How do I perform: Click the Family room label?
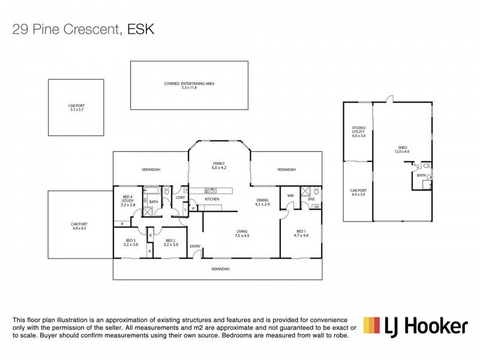[218, 164]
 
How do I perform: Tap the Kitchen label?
[212, 199]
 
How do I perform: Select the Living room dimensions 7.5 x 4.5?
[242, 235]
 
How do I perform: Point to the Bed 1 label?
[301, 232]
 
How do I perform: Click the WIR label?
[290, 196]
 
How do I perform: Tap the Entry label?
[195, 247]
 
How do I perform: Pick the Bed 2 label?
[172, 241]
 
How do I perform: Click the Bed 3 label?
[130, 241]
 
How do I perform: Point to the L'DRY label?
[179, 197]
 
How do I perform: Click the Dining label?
[263, 200]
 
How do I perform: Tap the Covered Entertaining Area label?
[189, 83]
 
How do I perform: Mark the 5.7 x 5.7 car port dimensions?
[76, 110]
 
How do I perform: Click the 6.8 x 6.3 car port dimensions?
[79, 228]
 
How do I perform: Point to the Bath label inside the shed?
[421, 175]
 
